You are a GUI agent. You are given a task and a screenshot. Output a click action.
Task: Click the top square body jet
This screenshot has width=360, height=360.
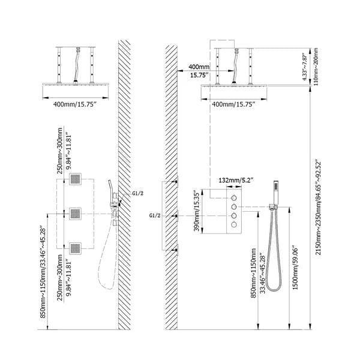(x=76, y=178)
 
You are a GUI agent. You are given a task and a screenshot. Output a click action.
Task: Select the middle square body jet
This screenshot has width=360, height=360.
(x=76, y=214)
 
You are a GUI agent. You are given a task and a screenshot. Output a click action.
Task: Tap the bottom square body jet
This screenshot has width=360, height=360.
(x=76, y=248)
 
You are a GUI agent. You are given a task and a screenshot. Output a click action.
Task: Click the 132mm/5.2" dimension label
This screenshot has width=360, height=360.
(x=236, y=180)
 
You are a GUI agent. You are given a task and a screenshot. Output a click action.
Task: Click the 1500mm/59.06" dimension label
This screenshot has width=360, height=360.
(x=295, y=269)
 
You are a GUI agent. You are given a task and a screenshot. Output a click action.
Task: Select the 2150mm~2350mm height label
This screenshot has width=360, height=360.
(x=318, y=208)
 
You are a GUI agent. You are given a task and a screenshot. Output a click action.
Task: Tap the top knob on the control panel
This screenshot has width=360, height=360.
(x=234, y=197)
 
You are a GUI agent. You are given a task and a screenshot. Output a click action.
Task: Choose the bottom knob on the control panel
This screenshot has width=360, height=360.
(x=234, y=224)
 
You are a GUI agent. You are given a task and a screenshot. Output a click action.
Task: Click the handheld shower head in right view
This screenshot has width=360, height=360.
(x=275, y=193)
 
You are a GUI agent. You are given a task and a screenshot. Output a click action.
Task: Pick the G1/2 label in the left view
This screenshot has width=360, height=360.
(x=138, y=193)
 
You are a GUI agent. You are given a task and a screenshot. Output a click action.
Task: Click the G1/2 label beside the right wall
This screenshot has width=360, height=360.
(x=155, y=215)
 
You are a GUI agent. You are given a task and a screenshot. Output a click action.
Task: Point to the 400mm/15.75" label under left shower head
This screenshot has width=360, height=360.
(x=74, y=104)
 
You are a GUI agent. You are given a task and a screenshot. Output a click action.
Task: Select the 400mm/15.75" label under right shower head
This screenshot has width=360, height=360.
(x=233, y=104)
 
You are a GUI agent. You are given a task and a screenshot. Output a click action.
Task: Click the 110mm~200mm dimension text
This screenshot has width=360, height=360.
(x=316, y=67)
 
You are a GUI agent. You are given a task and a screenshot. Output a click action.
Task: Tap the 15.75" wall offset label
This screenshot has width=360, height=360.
(x=199, y=76)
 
